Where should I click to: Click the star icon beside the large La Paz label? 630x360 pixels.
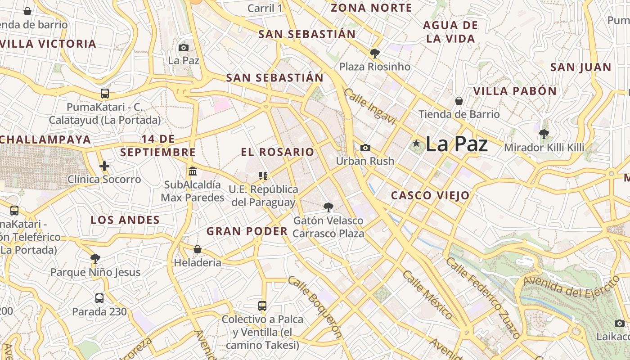416,144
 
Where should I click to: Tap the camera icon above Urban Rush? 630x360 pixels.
365,148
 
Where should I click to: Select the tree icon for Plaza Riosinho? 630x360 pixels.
374,54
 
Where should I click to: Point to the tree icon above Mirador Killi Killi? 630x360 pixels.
544,134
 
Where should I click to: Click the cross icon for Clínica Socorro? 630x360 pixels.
104,166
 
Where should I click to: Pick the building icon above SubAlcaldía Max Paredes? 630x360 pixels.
193,171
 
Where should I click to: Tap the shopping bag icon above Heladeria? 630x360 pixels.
197,249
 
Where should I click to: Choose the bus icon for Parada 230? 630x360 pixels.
99,298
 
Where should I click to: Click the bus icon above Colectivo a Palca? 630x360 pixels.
262,306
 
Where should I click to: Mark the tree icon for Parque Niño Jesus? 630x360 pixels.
95,258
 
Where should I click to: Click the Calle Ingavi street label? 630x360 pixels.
370,106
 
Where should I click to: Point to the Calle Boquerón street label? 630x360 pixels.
315,306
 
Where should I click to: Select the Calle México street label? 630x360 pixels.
427,295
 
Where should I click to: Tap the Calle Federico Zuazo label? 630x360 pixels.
484,297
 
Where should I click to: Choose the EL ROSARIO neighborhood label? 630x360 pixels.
278,152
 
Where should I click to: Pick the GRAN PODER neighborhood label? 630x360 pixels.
247,231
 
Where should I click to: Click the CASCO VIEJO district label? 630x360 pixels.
430,195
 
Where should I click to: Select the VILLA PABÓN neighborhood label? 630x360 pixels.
515,91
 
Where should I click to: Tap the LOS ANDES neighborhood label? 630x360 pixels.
125,220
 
